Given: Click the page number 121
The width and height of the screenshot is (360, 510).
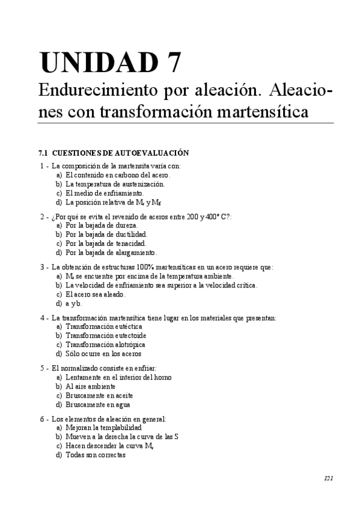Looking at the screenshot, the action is [328, 479].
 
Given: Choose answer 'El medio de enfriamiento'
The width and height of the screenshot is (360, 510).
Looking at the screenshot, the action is [105, 193].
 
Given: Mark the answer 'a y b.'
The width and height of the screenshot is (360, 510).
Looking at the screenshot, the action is [74, 304].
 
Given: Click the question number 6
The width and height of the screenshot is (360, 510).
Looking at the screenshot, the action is [42, 418].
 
